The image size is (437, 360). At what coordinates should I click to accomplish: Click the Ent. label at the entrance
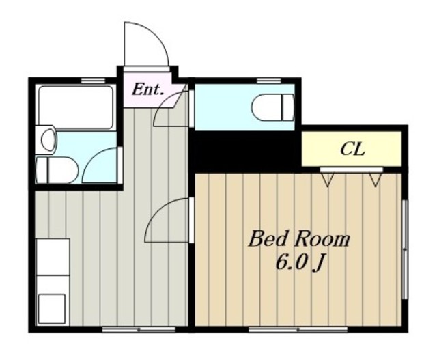point(147,89)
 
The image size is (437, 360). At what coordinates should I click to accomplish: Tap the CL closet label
point(352,149)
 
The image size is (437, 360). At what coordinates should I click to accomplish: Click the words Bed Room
point(298,239)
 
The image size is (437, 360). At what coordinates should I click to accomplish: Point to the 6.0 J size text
point(300,263)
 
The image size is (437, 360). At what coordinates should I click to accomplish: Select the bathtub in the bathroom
point(76,107)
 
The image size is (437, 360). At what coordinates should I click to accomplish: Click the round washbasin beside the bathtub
point(48,139)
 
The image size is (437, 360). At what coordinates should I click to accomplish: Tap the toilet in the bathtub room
point(57,170)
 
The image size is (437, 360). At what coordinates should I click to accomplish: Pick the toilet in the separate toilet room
point(273,107)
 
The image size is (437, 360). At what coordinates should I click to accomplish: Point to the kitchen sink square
point(52,308)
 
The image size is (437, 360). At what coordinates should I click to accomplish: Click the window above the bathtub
point(94,81)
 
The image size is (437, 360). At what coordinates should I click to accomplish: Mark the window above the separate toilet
point(269,81)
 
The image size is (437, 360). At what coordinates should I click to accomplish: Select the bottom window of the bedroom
point(298,330)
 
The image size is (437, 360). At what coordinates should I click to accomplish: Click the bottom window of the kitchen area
point(139,330)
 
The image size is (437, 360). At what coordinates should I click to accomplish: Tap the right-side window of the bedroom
point(406,249)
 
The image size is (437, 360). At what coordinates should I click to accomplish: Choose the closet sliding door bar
point(352,170)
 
